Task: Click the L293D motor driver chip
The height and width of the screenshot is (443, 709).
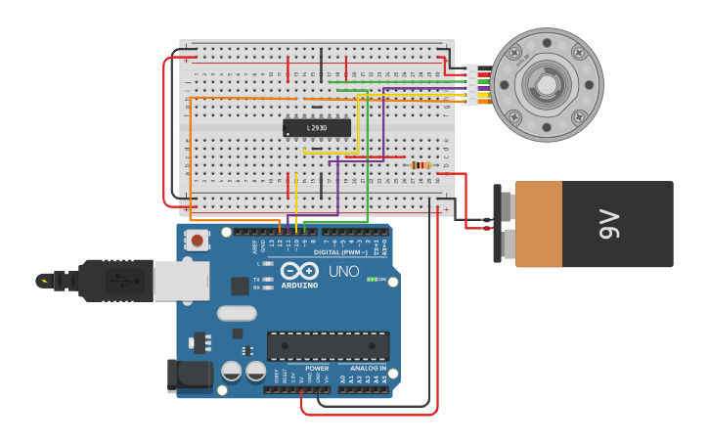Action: [317, 127]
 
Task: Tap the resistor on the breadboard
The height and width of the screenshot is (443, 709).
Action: [421, 165]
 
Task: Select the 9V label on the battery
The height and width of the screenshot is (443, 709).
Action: [609, 223]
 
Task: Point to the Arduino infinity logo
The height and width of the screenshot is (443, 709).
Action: [298, 271]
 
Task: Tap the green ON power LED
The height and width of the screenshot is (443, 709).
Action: [373, 279]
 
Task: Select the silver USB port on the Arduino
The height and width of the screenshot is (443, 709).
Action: [181, 281]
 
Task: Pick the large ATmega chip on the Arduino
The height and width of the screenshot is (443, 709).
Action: [329, 346]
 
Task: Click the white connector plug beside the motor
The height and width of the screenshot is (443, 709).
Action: [472, 84]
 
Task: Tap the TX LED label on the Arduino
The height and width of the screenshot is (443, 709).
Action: [256, 280]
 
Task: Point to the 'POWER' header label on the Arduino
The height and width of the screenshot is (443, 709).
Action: [317, 369]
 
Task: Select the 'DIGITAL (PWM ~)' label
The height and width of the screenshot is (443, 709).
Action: [339, 251]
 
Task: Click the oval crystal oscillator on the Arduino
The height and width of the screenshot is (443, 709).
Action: [237, 313]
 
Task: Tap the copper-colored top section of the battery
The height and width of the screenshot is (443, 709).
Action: [539, 223]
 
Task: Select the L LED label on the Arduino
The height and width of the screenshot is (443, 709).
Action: [259, 264]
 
